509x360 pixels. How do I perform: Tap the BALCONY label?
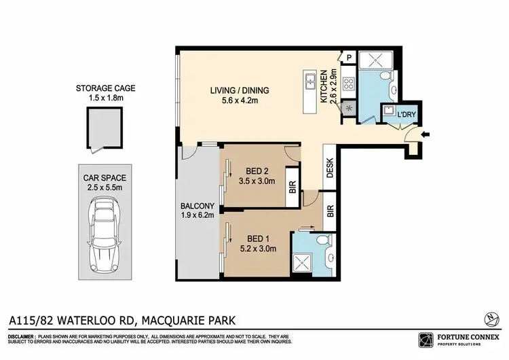tap(197, 206)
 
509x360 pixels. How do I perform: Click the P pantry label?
tap(347, 58)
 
